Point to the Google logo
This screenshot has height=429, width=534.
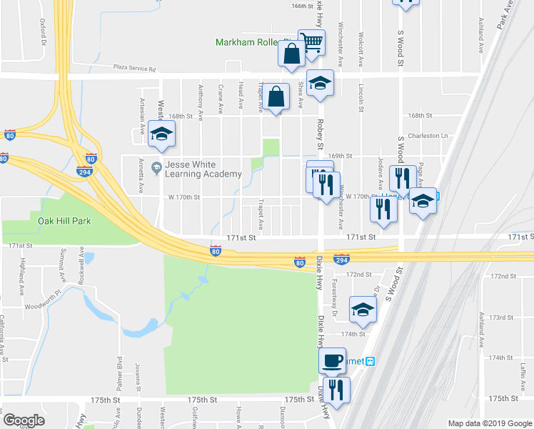click(24, 420)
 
